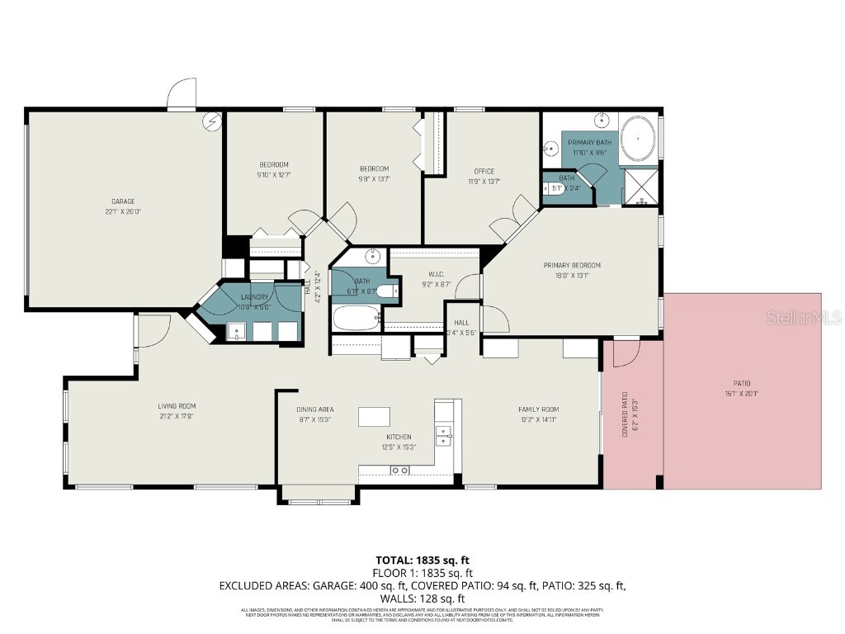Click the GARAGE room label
[123, 201]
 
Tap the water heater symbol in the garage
[213, 121]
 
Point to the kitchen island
[374, 416]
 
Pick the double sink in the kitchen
[443, 435]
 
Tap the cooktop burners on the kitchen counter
[399, 471]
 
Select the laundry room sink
[238, 332]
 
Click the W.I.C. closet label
[437, 275]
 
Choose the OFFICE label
[484, 172]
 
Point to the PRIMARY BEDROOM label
[571, 265]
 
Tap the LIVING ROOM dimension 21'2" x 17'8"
[177, 416]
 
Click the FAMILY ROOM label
[538, 409]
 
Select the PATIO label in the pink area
[742, 383]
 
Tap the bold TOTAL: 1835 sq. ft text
[423, 560]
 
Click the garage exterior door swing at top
[182, 93]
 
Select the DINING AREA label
[314, 409]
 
